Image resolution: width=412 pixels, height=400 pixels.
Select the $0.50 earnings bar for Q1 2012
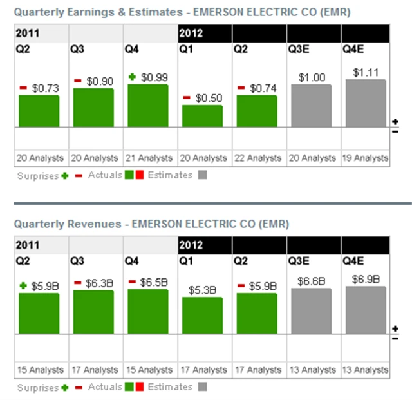coord(202,116)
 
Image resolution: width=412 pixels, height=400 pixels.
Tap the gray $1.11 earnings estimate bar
coord(366,103)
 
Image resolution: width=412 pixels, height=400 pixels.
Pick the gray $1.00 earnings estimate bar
coord(311,106)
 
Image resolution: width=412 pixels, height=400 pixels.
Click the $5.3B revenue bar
coord(202,315)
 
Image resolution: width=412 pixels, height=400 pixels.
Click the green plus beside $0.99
coord(132,77)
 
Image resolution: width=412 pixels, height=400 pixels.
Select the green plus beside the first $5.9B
coord(23,285)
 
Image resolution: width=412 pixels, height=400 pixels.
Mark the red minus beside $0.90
coord(78,81)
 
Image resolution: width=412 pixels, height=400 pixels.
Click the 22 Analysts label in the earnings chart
coord(257,158)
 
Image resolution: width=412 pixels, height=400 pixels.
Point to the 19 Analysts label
coord(366,158)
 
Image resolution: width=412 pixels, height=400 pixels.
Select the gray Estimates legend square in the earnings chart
coord(203,175)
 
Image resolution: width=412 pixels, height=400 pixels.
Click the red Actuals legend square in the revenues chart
coord(139,387)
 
